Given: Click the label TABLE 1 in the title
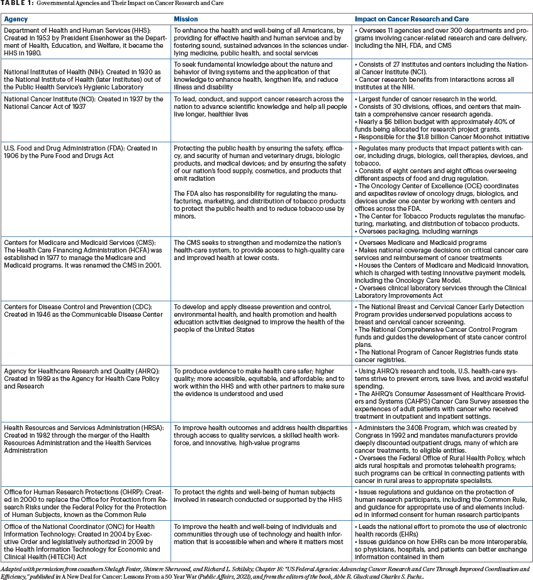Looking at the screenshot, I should pos(18,4).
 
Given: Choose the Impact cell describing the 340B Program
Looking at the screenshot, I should pos(440,453).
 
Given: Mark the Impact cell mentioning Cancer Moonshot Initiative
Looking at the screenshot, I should pos(440,118).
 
